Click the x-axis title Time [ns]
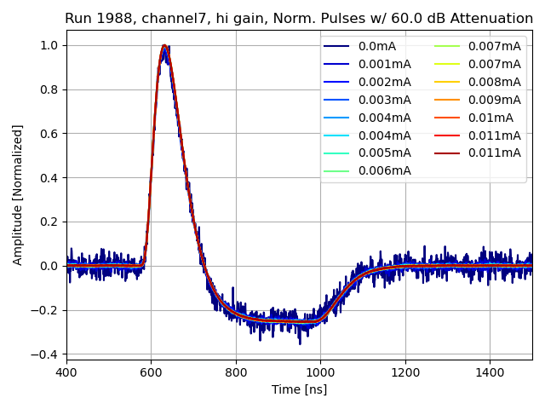pyautogui.click(x=299, y=389)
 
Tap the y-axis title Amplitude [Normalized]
pyautogui.click(x=18, y=194)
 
